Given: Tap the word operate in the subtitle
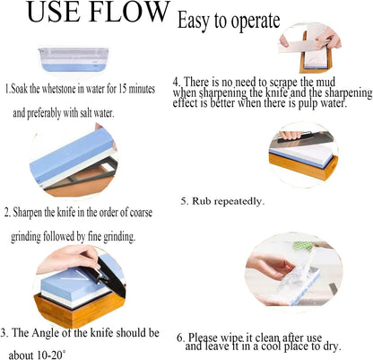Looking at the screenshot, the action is [x=256, y=22].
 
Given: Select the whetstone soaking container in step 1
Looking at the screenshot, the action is [x=74, y=59].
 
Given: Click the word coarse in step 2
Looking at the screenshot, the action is [x=141, y=212].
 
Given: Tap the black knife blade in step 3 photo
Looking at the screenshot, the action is [x=113, y=277].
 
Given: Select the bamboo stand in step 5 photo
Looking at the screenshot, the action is [x=303, y=166].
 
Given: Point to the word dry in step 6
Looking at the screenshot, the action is [x=333, y=347].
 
